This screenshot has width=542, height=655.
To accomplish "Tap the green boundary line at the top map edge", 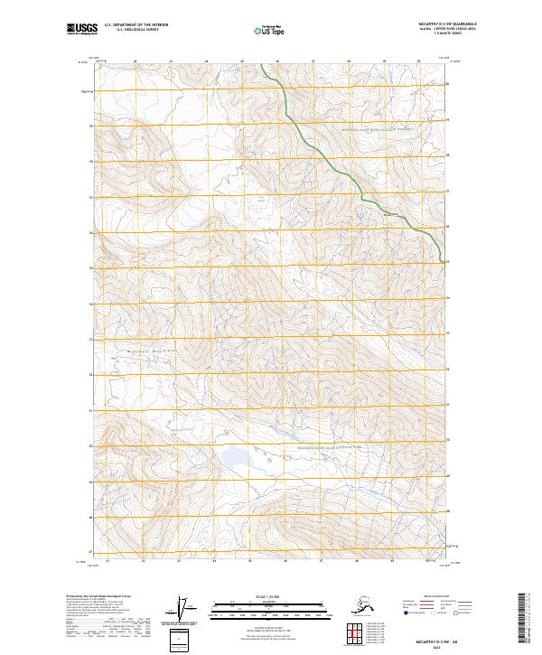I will [262, 65].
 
